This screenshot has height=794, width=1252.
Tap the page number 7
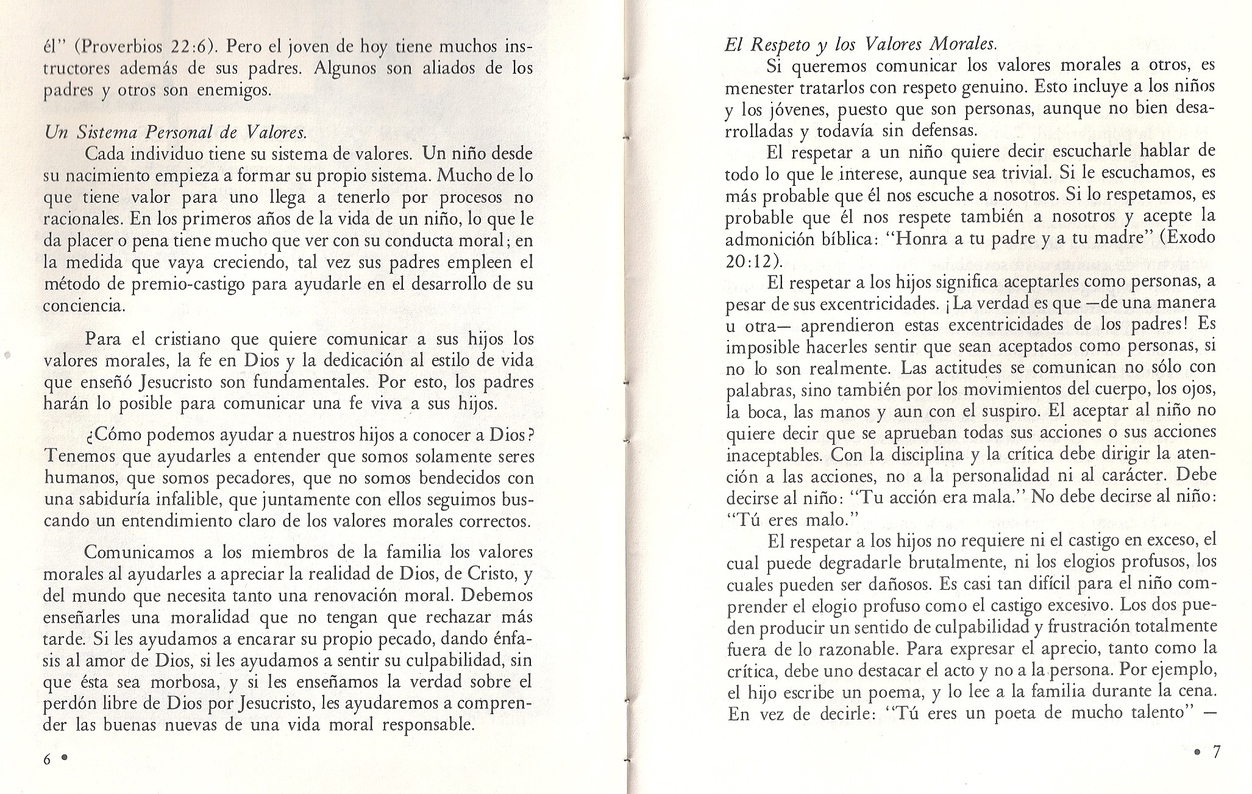1216,753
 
